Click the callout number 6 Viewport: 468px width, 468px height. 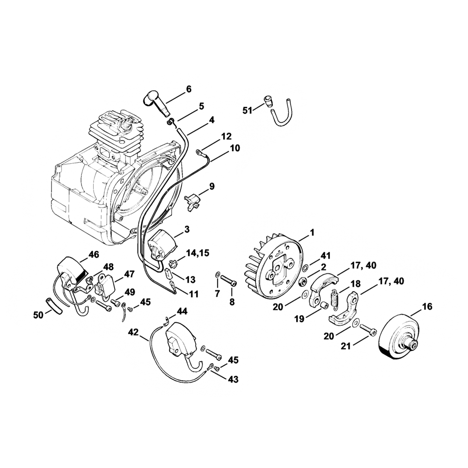point(189,89)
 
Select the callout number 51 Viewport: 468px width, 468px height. point(248,110)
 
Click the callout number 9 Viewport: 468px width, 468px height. point(212,187)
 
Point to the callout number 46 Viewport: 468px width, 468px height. point(94,255)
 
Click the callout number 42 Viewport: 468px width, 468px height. point(133,332)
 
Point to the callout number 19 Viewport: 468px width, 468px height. point(300,318)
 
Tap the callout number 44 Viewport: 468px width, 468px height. point(182,311)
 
